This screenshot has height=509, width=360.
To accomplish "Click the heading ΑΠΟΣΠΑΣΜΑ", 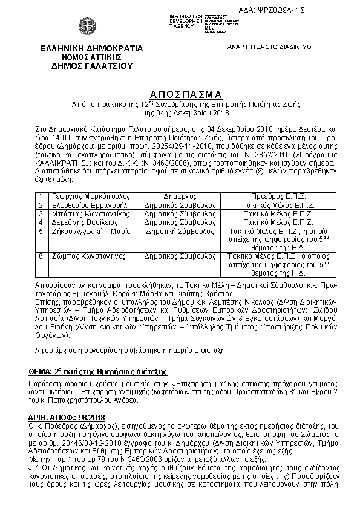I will tap(186, 94).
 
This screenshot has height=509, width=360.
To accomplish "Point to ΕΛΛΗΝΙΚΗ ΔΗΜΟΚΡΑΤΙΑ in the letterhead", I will tap(83, 48).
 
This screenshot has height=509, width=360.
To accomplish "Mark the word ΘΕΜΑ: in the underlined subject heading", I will tap(41, 371).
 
